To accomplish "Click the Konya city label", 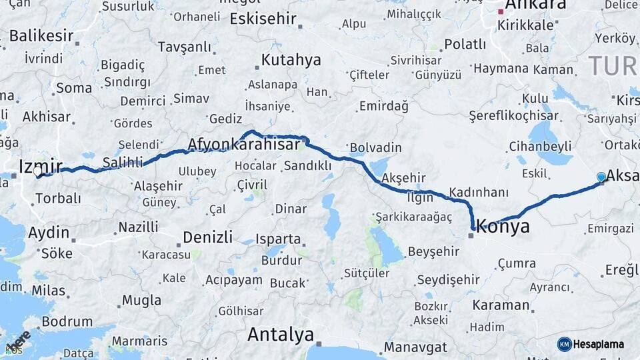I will click(503, 227).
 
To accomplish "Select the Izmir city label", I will click(41, 165).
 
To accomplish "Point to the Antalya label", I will click(281, 334).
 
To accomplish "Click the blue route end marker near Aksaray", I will click(601, 177).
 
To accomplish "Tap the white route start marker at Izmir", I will click(38, 171).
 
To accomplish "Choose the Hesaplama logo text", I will click(599, 344).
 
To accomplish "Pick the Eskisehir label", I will click(263, 19).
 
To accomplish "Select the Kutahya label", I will click(291, 60).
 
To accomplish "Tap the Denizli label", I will click(207, 237).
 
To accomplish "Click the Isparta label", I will click(278, 239).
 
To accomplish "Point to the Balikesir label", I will click(41, 35).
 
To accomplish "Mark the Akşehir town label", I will click(404, 178).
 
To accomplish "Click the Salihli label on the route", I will click(123, 162).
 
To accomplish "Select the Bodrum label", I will click(67, 321).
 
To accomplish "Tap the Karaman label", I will click(501, 305).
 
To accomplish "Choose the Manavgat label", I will click(415, 347).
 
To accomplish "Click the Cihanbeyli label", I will click(541, 145).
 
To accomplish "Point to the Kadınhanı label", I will click(479, 192).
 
